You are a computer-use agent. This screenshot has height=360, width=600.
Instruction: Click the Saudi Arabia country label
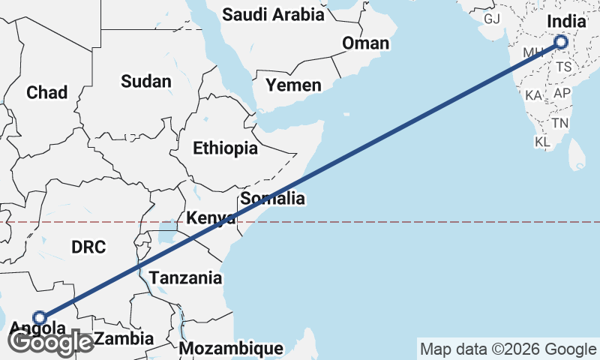(274, 14)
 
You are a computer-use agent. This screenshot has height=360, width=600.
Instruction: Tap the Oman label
(365, 43)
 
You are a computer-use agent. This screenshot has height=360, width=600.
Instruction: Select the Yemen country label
(294, 85)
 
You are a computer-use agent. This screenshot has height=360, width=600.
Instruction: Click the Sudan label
(146, 81)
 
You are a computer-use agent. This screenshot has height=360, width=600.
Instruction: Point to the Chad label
(46, 92)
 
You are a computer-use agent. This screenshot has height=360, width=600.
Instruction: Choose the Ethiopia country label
(225, 148)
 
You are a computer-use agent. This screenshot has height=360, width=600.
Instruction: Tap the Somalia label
(272, 199)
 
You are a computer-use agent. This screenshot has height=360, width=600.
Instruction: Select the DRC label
(89, 247)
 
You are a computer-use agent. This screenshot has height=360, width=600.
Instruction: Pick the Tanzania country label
(185, 278)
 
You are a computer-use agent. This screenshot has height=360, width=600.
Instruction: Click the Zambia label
(124, 338)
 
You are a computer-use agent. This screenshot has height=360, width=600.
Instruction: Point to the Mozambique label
(231, 349)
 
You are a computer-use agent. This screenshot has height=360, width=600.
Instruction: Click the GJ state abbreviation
(492, 19)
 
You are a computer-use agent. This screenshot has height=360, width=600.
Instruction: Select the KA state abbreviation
(534, 96)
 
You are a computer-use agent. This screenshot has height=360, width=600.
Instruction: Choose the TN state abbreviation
(559, 122)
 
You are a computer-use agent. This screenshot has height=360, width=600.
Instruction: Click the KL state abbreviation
(542, 142)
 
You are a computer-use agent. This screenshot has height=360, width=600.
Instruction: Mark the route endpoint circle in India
(560, 43)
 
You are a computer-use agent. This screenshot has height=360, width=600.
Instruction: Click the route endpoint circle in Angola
(40, 317)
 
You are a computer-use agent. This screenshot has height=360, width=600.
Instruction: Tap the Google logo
(50, 342)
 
